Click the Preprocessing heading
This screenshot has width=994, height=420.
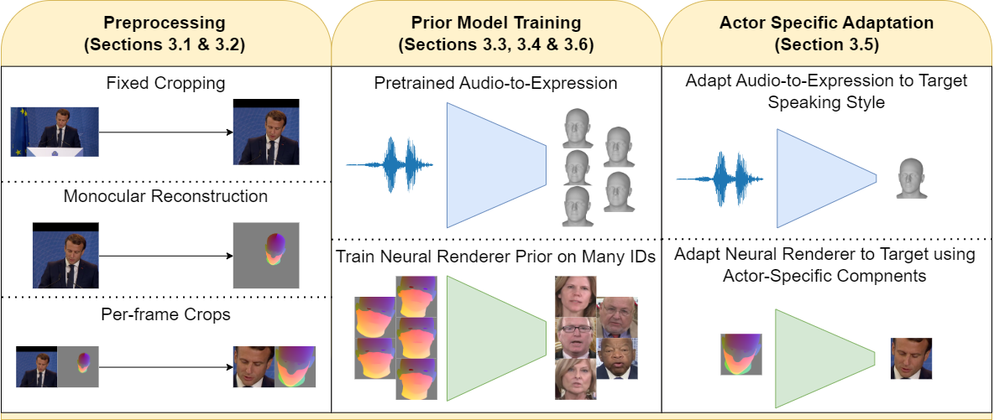point(165,33)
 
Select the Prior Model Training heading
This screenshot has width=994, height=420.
point(495,33)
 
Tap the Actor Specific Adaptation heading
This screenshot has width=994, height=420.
point(827,33)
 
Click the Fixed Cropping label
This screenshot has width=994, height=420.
point(165,82)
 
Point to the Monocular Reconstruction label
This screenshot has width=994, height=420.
point(165,196)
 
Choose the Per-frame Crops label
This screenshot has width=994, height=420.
point(165,315)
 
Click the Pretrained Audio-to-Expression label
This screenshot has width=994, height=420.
point(495,84)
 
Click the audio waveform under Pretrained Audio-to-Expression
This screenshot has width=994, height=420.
point(390,165)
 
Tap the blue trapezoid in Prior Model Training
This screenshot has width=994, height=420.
point(496,165)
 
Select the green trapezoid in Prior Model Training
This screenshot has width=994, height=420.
point(496,339)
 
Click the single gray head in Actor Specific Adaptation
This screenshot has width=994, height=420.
point(910,179)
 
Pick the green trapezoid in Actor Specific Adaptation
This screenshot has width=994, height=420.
point(824,359)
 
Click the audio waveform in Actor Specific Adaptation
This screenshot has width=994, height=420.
point(720,179)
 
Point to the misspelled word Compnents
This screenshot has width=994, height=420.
point(887,277)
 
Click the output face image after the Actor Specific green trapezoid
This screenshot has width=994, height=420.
point(912,359)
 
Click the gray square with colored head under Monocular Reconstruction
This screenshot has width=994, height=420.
point(266,256)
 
